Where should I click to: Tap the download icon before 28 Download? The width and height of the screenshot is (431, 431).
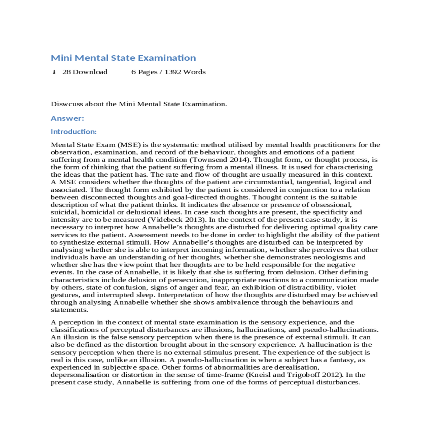pos(54,72)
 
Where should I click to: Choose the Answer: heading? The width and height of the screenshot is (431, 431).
pos(67,118)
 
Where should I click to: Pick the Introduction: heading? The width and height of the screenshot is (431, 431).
pos(73,131)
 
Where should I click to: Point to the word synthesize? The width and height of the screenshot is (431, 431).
pos(76,242)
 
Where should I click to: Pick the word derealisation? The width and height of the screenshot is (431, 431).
pos(296,367)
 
